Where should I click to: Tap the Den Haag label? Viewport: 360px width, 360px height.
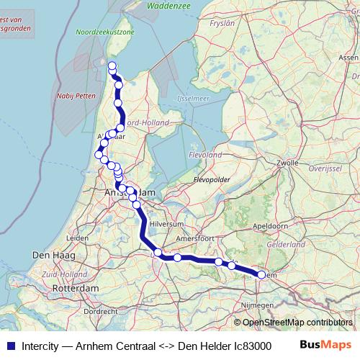(50, 256)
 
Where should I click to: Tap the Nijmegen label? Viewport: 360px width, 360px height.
(258, 305)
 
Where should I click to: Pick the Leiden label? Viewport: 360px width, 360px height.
(77, 238)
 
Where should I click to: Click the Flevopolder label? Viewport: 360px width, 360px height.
(212, 179)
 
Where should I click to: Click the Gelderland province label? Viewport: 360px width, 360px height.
(286, 245)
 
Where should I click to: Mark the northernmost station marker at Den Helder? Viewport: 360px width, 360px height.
(112, 66)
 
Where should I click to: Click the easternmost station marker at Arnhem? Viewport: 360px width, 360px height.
(261, 274)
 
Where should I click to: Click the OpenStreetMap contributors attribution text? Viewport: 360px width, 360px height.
(297, 322)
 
